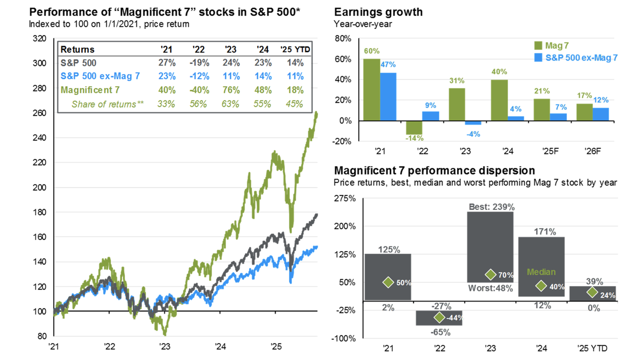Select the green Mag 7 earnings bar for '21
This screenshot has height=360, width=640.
click(x=371, y=89)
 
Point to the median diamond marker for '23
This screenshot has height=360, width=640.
click(x=490, y=274)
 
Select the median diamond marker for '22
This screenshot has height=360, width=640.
click(x=439, y=317)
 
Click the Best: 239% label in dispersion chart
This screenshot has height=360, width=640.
click(x=490, y=206)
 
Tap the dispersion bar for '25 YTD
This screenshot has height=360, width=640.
click(x=593, y=293)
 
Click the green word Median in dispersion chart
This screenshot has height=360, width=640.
click(x=541, y=272)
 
